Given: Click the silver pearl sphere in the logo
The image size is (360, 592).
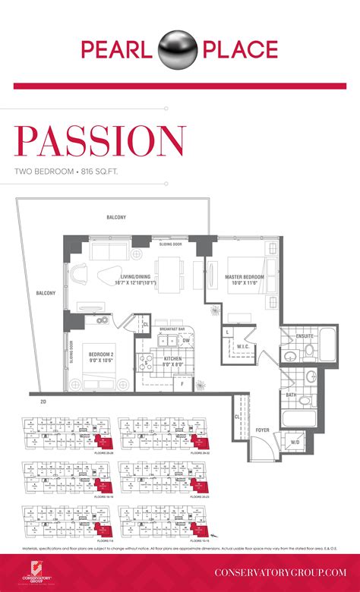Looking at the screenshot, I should (x=180, y=50).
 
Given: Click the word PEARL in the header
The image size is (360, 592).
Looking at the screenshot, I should (x=118, y=51).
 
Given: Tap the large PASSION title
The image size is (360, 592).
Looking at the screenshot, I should (x=99, y=142).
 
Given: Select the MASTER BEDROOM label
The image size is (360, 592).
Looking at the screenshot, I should (x=244, y=277).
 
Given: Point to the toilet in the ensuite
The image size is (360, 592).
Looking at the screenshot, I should (x=309, y=351).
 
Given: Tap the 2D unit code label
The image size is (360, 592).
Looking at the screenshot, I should (x=43, y=400).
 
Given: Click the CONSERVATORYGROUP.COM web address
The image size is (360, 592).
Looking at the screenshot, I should (x=280, y=571).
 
